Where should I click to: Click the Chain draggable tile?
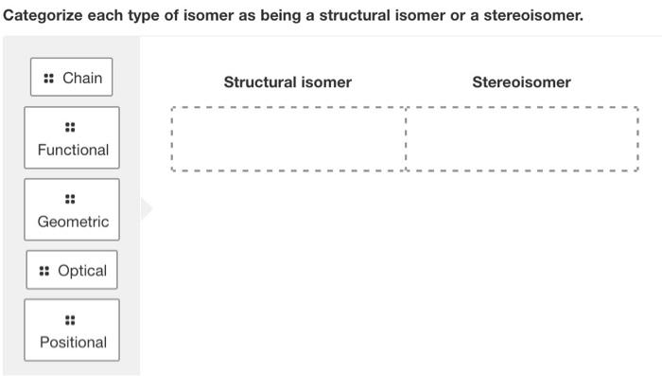(x=72, y=78)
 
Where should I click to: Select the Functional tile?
(x=72, y=138)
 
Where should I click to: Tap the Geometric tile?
(x=72, y=210)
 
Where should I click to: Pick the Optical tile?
(x=72, y=271)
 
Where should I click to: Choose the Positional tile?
(x=72, y=331)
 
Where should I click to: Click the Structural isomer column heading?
(x=287, y=82)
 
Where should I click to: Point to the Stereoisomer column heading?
(x=521, y=82)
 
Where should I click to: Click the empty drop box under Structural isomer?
(x=288, y=138)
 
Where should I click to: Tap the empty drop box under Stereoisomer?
(x=522, y=138)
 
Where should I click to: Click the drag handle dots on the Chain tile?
(x=48, y=79)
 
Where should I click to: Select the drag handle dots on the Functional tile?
(x=70, y=127)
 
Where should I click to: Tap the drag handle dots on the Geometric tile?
(x=70, y=199)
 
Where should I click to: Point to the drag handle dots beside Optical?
(x=44, y=271)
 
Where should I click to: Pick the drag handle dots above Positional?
(x=70, y=319)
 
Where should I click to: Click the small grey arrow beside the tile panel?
(x=147, y=208)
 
